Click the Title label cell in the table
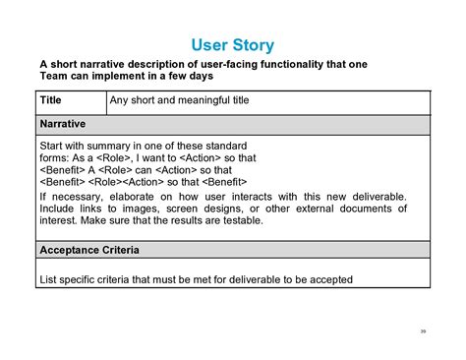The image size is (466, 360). click(50, 99)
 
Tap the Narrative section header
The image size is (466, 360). click(63, 125)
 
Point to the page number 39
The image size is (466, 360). click(423, 330)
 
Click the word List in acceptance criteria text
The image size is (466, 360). click(49, 278)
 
